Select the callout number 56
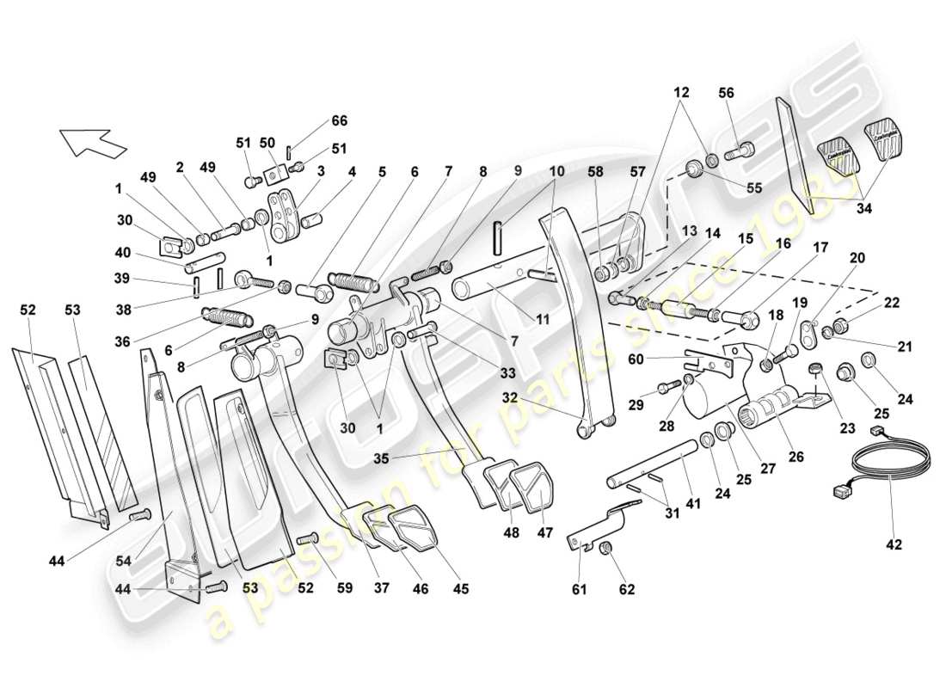pos(728,93)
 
